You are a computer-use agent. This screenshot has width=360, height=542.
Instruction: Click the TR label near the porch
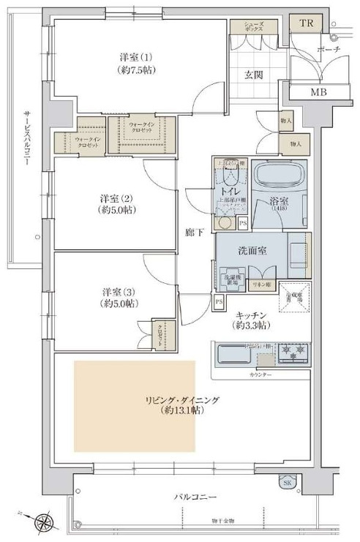[305, 24]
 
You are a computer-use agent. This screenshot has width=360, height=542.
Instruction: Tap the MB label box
[318, 91]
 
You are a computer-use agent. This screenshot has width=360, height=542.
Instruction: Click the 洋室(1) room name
[137, 56]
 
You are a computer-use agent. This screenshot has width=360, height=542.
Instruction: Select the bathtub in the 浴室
[282, 177]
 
